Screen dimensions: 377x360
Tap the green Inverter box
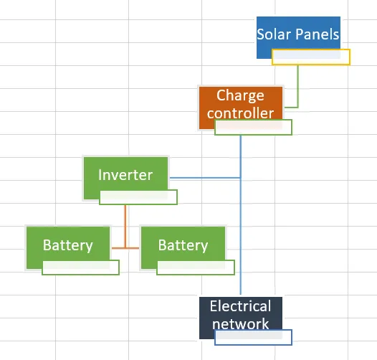[125, 174]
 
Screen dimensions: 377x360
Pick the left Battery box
[68, 245]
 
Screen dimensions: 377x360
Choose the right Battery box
[183, 245]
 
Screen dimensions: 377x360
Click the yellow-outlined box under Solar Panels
[311, 57]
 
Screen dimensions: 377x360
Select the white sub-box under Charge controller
[254, 128]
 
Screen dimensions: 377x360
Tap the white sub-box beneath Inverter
[138, 197]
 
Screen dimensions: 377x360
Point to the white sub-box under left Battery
[80, 267]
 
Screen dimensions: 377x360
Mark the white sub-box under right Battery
[196, 267]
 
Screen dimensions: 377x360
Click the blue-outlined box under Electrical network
[254, 337]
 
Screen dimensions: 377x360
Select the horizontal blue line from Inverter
[205, 178]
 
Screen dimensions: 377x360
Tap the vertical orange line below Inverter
[125, 226]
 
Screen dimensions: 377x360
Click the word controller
[240, 113]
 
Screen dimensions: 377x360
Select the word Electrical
[240, 306]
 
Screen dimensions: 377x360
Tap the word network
[240, 324]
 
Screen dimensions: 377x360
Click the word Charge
[240, 96]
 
